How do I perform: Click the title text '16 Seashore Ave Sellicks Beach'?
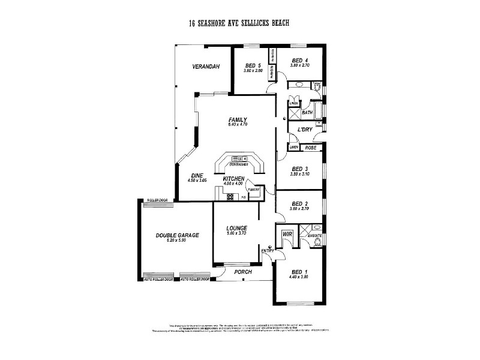(x=239, y=23)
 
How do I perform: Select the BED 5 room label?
(x=253, y=65)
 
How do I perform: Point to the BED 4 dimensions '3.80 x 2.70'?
(x=299, y=66)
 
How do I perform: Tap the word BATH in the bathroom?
(x=307, y=112)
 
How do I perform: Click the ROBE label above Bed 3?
(x=310, y=147)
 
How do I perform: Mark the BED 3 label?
(x=299, y=169)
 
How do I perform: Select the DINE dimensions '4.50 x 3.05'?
(x=197, y=180)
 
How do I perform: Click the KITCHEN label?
(x=233, y=179)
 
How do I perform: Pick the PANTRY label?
(x=253, y=190)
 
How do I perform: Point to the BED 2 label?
(x=299, y=203)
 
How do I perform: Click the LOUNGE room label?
(x=237, y=228)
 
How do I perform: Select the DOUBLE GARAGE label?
(x=177, y=235)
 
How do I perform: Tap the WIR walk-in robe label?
(x=286, y=234)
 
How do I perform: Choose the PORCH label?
(x=243, y=272)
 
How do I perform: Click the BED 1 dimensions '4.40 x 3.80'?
(x=298, y=277)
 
